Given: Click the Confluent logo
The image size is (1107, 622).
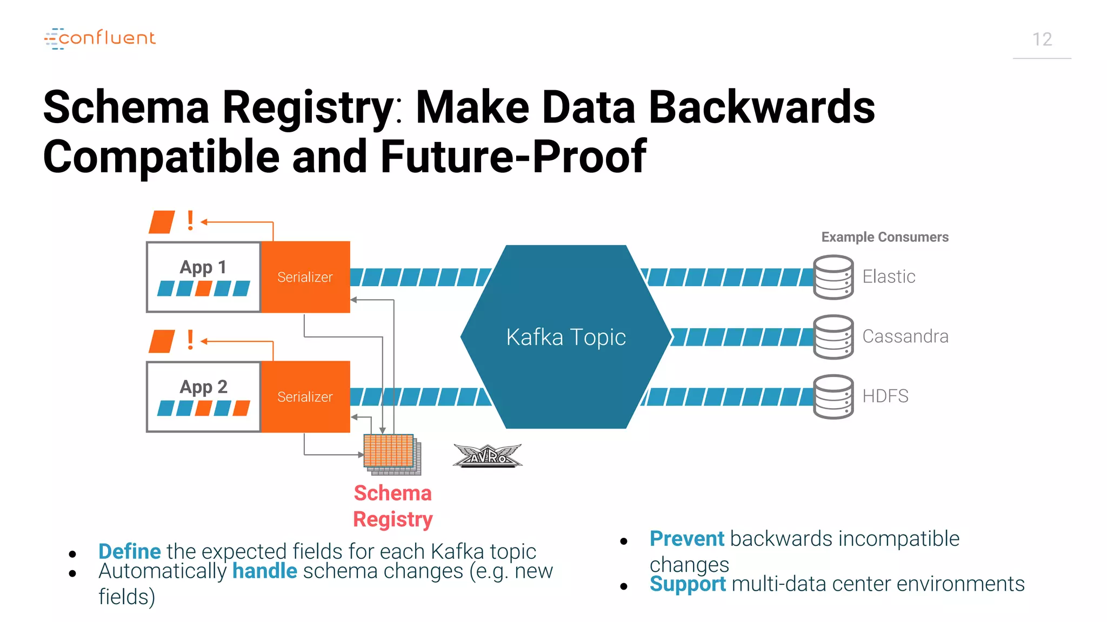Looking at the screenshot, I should coord(100,38).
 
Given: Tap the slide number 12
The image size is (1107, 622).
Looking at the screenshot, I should coord(1042,39).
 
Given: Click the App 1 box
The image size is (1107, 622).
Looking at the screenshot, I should coord(203,277).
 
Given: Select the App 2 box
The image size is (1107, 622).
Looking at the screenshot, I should coord(203,397).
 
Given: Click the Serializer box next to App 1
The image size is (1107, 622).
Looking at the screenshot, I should coord(305,277).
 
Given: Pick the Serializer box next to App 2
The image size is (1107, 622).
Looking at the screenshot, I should coord(305,397).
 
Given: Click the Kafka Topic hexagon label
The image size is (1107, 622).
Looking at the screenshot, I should coord(565,337).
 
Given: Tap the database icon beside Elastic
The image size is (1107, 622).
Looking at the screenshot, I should coord(833,277).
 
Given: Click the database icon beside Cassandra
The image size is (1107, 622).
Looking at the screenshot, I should coord(833,337).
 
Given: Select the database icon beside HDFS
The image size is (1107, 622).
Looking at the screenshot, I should coord(833,397).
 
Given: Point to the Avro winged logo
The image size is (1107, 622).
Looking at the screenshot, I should coord(488,456).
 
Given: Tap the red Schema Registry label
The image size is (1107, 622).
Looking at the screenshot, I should coord(392,506).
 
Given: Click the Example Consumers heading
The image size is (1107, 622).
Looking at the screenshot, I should coord(884,237).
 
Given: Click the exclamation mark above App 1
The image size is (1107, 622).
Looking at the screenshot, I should coord(190,221).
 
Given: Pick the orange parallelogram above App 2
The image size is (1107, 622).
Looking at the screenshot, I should coord(162,341).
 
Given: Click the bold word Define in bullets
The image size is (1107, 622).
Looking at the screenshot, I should coord(130,551).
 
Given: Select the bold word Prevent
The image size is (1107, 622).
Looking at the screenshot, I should coord(686,538).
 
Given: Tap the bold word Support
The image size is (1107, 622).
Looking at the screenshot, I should coord(687,584).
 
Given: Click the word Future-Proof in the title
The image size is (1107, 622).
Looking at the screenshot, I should coord(513,157).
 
